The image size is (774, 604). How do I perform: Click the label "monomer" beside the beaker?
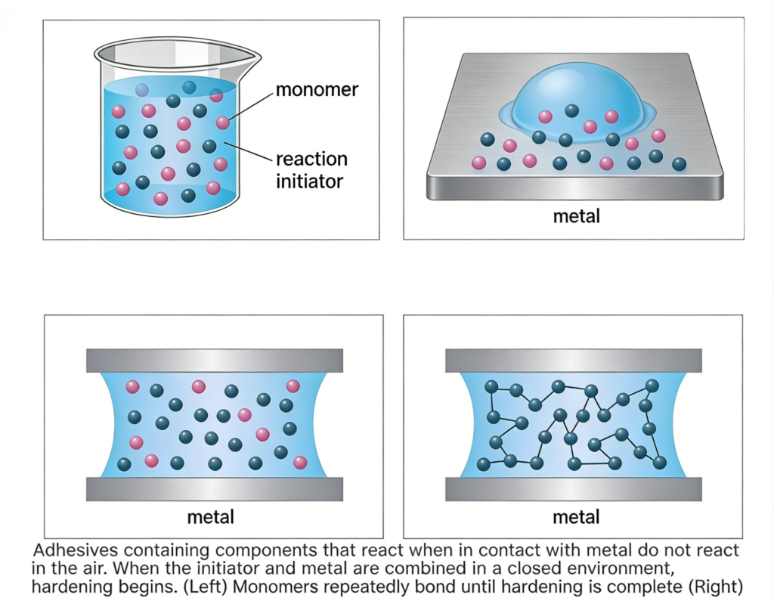[x=317, y=90]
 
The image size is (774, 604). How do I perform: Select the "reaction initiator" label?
[x=311, y=170]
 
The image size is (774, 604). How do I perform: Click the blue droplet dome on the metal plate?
[x=577, y=101]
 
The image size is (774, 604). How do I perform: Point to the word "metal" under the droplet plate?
[x=577, y=216]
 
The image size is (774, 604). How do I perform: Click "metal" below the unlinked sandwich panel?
[x=211, y=517]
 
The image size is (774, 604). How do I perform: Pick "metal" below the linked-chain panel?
[x=576, y=517]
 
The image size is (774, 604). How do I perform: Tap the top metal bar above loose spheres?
[x=215, y=361]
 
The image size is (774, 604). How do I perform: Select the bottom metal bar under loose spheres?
[x=215, y=489]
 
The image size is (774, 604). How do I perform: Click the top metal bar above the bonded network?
[x=574, y=361]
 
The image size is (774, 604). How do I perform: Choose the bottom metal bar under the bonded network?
[x=574, y=489]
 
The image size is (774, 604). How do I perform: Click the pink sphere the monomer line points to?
[x=223, y=122]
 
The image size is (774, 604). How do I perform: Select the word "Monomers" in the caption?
[x=272, y=587]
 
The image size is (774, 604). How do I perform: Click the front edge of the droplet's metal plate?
[x=575, y=187]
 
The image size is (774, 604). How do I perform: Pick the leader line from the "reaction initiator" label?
[x=248, y=152]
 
